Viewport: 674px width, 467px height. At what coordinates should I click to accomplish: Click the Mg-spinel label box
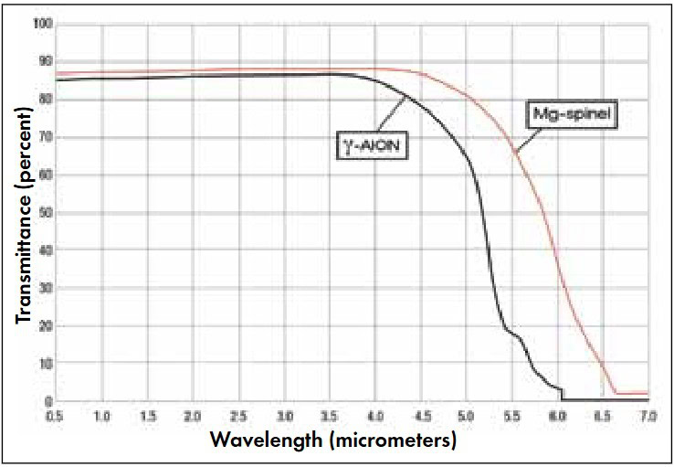(572, 114)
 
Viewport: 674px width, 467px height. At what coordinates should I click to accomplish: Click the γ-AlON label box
(372, 145)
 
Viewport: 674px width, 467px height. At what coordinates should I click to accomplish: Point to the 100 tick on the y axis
(43, 24)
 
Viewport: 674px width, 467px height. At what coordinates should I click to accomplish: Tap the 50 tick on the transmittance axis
(46, 213)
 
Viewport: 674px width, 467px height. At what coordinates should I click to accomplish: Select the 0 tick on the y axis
(48, 401)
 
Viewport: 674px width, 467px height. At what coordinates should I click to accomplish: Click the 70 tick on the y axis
(46, 138)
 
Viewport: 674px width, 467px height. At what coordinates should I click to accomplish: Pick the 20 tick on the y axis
(46, 326)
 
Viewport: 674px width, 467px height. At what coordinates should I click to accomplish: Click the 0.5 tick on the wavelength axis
(55, 416)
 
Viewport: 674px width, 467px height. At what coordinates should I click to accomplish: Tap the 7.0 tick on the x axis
(648, 416)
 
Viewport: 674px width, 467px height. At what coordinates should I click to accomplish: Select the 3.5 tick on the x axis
(330, 416)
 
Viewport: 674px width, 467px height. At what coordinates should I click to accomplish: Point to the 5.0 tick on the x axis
(466, 416)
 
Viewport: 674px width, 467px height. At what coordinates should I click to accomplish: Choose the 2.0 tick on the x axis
(193, 416)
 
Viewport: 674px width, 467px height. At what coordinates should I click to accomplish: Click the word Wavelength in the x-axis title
(266, 440)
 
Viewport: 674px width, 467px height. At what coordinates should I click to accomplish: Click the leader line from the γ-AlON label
(392, 115)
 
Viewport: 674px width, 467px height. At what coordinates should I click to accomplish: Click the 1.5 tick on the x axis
(147, 416)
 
